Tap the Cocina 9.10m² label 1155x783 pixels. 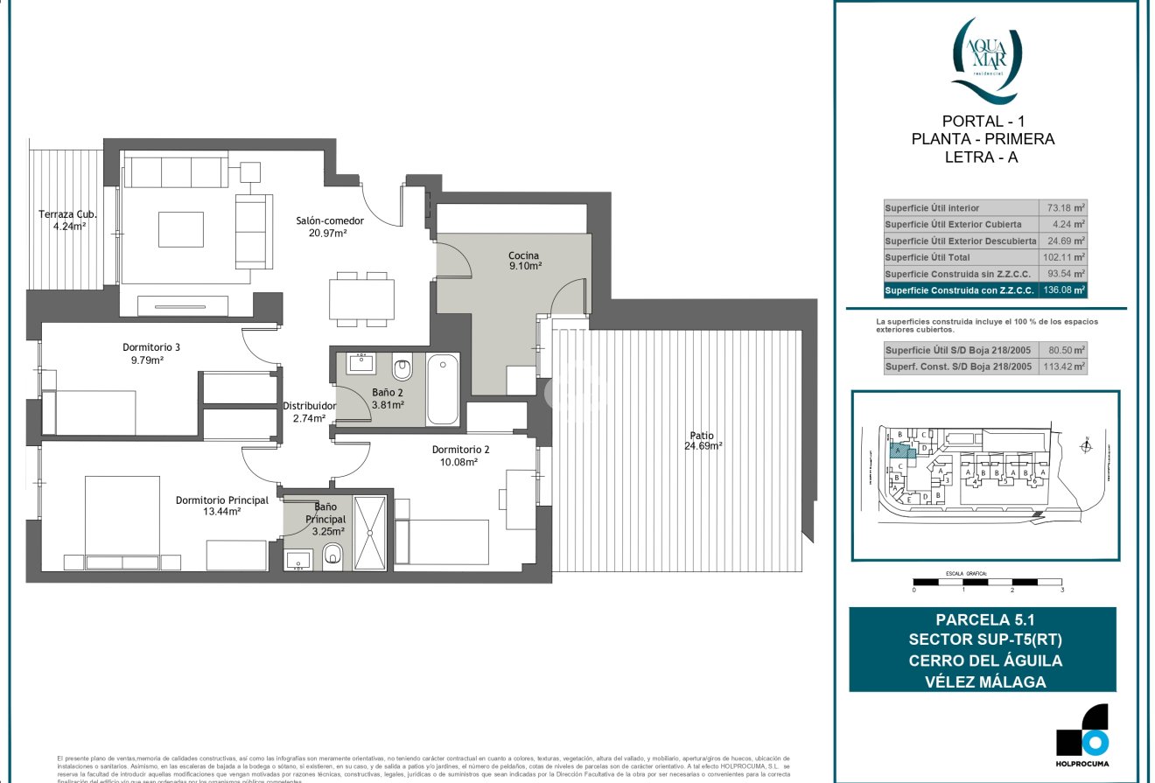pyautogui.click(x=524, y=261)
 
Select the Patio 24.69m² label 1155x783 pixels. pyautogui.click(x=702, y=440)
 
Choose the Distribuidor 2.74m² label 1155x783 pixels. pyautogui.click(x=309, y=412)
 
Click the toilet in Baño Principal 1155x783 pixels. pyautogui.click(x=332, y=555)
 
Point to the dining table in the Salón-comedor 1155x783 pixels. pyautogui.click(x=360, y=297)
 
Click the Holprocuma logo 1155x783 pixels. pyautogui.click(x=1081, y=730)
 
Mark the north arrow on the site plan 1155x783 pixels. pyautogui.click(x=1086, y=446)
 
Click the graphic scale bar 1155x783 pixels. pyautogui.click(x=987, y=582)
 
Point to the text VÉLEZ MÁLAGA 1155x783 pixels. pyautogui.click(x=983, y=681)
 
